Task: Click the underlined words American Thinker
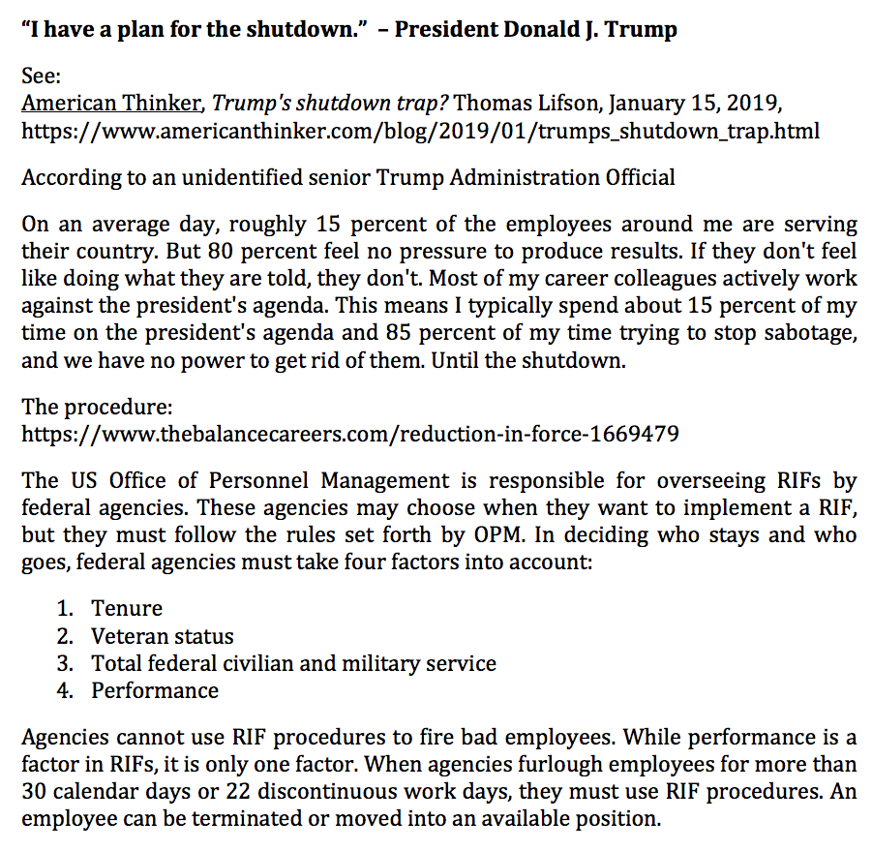(111, 103)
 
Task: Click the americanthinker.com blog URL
(420, 130)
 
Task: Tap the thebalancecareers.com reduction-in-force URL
(349, 433)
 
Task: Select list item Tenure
(127, 608)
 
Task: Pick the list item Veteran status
(163, 636)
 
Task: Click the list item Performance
(155, 690)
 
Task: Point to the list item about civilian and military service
(293, 663)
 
